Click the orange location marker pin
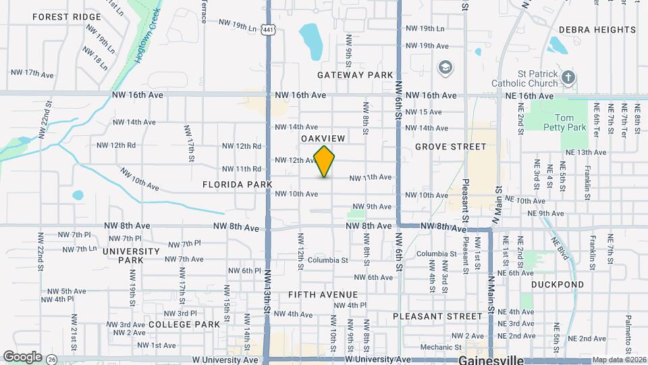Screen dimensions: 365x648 tap(325, 162)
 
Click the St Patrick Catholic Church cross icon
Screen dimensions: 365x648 tap(568, 76)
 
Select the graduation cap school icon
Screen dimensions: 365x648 tap(445, 67)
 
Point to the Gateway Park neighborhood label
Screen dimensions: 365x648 tap(356, 75)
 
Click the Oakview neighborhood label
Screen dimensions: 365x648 tap(323, 138)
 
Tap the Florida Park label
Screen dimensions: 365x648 tap(236, 184)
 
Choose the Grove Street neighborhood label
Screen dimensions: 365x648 tap(450, 146)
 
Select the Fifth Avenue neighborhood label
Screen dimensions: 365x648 tap(323, 295)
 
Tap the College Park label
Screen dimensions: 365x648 tap(184, 324)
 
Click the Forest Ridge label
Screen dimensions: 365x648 tap(65, 16)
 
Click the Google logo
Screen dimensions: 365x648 tap(22, 356)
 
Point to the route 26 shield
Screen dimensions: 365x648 tap(52, 360)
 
